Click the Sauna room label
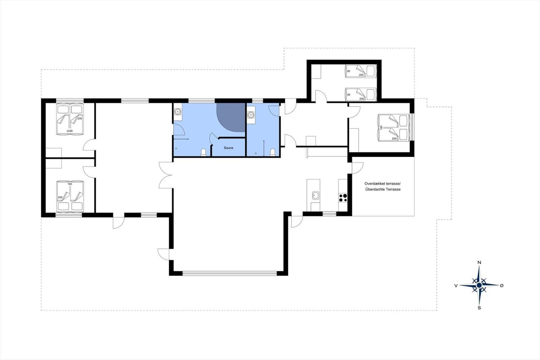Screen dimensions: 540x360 pos(228,148)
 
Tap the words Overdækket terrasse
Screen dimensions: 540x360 pos(383,183)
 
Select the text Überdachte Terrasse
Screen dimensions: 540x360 pos(383,189)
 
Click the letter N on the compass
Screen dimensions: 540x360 pos(479,262)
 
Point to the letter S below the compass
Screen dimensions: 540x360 pos(479,308)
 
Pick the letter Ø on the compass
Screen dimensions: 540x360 pos(502,285)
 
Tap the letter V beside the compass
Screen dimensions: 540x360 pos(456,285)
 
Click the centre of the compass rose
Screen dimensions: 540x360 pos(479,285)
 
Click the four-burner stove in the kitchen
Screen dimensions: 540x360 pos(343,198)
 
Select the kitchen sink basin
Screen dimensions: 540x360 pos(315,195)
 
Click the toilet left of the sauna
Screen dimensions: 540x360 pos(204,152)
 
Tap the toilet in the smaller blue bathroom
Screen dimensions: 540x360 pos(272,152)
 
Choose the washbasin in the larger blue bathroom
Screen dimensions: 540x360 pos(178,112)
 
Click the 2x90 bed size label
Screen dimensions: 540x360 pos(70,131)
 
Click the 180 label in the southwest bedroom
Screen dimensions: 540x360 pos(70,184)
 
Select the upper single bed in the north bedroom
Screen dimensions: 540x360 pos(361,71)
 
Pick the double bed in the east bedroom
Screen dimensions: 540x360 pos(394,128)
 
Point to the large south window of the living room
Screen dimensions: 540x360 pos(230,273)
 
